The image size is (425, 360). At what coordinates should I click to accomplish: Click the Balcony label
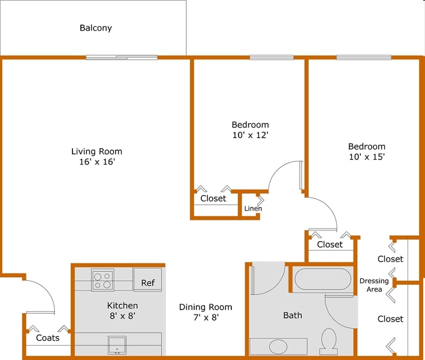96,28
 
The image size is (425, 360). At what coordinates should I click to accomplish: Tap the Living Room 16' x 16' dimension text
97,162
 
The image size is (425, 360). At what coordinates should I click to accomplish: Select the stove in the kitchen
103,280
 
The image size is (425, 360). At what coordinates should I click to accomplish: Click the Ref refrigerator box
147,281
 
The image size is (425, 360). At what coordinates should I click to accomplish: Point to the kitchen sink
117,345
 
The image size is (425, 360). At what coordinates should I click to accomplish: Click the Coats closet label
48,338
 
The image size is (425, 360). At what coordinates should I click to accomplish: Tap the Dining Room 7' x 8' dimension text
206,318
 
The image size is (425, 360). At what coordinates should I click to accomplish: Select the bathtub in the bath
322,280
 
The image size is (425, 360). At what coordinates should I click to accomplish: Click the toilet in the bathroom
328,340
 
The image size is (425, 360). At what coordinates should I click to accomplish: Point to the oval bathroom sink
278,346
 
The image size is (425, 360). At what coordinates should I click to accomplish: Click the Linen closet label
253,209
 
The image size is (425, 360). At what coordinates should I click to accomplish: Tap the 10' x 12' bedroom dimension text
250,135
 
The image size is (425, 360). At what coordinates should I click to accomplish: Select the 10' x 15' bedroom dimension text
366,157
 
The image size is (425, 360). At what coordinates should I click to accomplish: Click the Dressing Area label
374,285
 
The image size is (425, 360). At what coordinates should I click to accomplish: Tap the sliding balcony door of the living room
122,58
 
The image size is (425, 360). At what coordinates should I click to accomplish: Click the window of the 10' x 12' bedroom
272,58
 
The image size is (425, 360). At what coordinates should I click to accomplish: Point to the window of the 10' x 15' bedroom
364,58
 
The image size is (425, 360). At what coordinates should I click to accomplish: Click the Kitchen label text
122,305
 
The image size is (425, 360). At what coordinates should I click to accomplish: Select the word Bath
293,315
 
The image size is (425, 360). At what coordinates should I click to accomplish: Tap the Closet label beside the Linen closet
213,198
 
